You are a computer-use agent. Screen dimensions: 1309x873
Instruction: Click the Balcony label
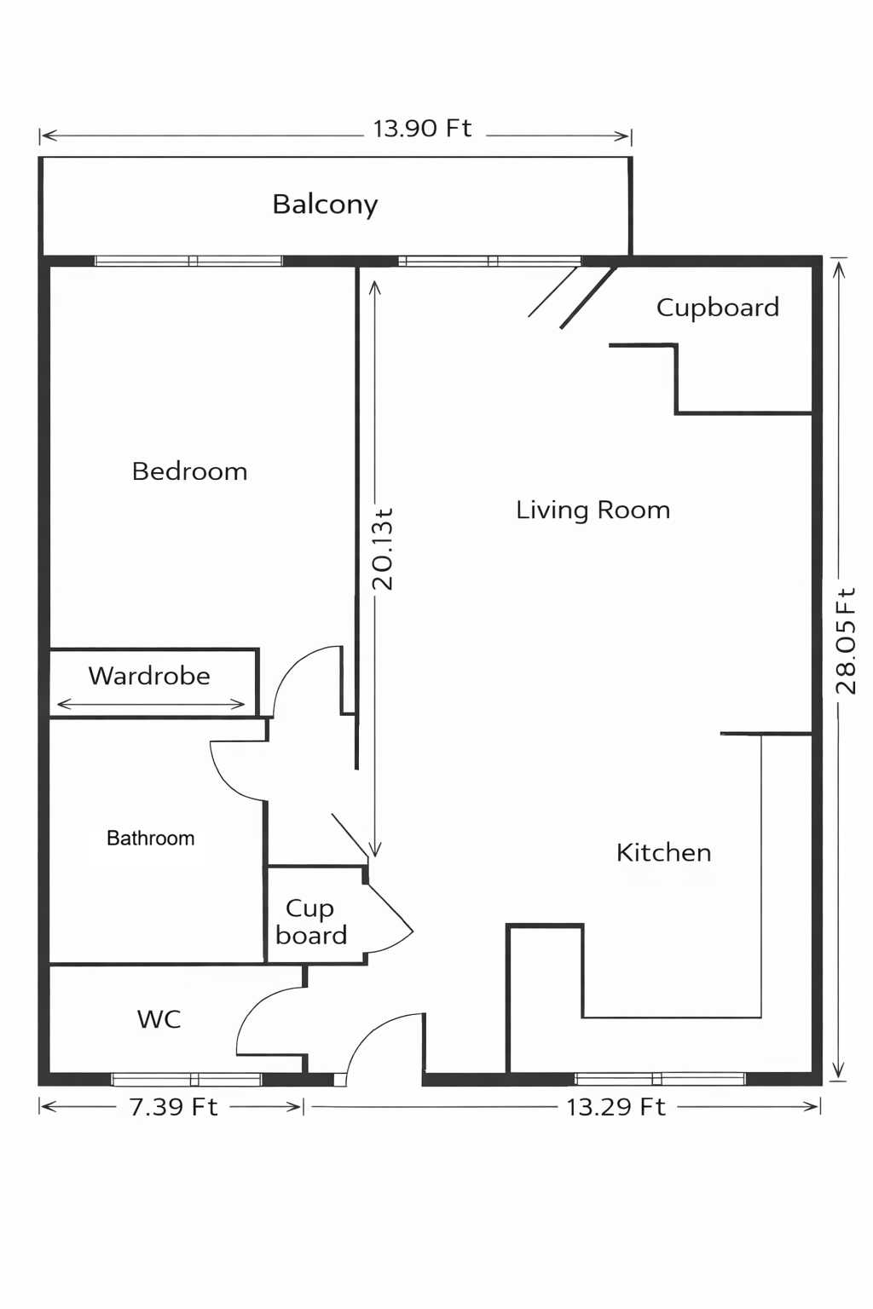(325, 205)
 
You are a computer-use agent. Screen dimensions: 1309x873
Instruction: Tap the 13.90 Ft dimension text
(422, 129)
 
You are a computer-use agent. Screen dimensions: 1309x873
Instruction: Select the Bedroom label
(189, 471)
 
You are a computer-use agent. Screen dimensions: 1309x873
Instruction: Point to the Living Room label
(593, 510)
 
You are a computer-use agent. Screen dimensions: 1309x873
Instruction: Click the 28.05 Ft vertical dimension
(845, 641)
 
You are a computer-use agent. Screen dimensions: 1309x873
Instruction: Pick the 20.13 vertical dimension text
(383, 550)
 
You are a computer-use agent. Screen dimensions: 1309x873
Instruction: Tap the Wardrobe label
(149, 676)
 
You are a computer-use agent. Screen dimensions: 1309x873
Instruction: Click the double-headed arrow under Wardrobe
(151, 705)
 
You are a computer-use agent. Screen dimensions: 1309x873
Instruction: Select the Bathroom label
(150, 839)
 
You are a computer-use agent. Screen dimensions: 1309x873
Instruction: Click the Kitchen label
(663, 853)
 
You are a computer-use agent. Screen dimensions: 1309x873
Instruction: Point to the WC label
(159, 1019)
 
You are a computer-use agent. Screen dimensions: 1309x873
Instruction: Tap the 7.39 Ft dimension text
(173, 1107)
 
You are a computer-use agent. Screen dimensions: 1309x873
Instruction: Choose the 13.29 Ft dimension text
(616, 1107)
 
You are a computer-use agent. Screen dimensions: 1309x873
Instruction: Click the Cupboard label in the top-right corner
(717, 308)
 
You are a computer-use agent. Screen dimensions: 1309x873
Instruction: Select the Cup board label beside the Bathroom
(310, 922)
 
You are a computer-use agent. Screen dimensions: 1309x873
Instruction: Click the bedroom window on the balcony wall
(188, 261)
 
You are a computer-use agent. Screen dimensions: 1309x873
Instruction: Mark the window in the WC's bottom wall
(187, 1080)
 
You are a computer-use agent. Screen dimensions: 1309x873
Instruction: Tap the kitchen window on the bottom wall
(660, 1079)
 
